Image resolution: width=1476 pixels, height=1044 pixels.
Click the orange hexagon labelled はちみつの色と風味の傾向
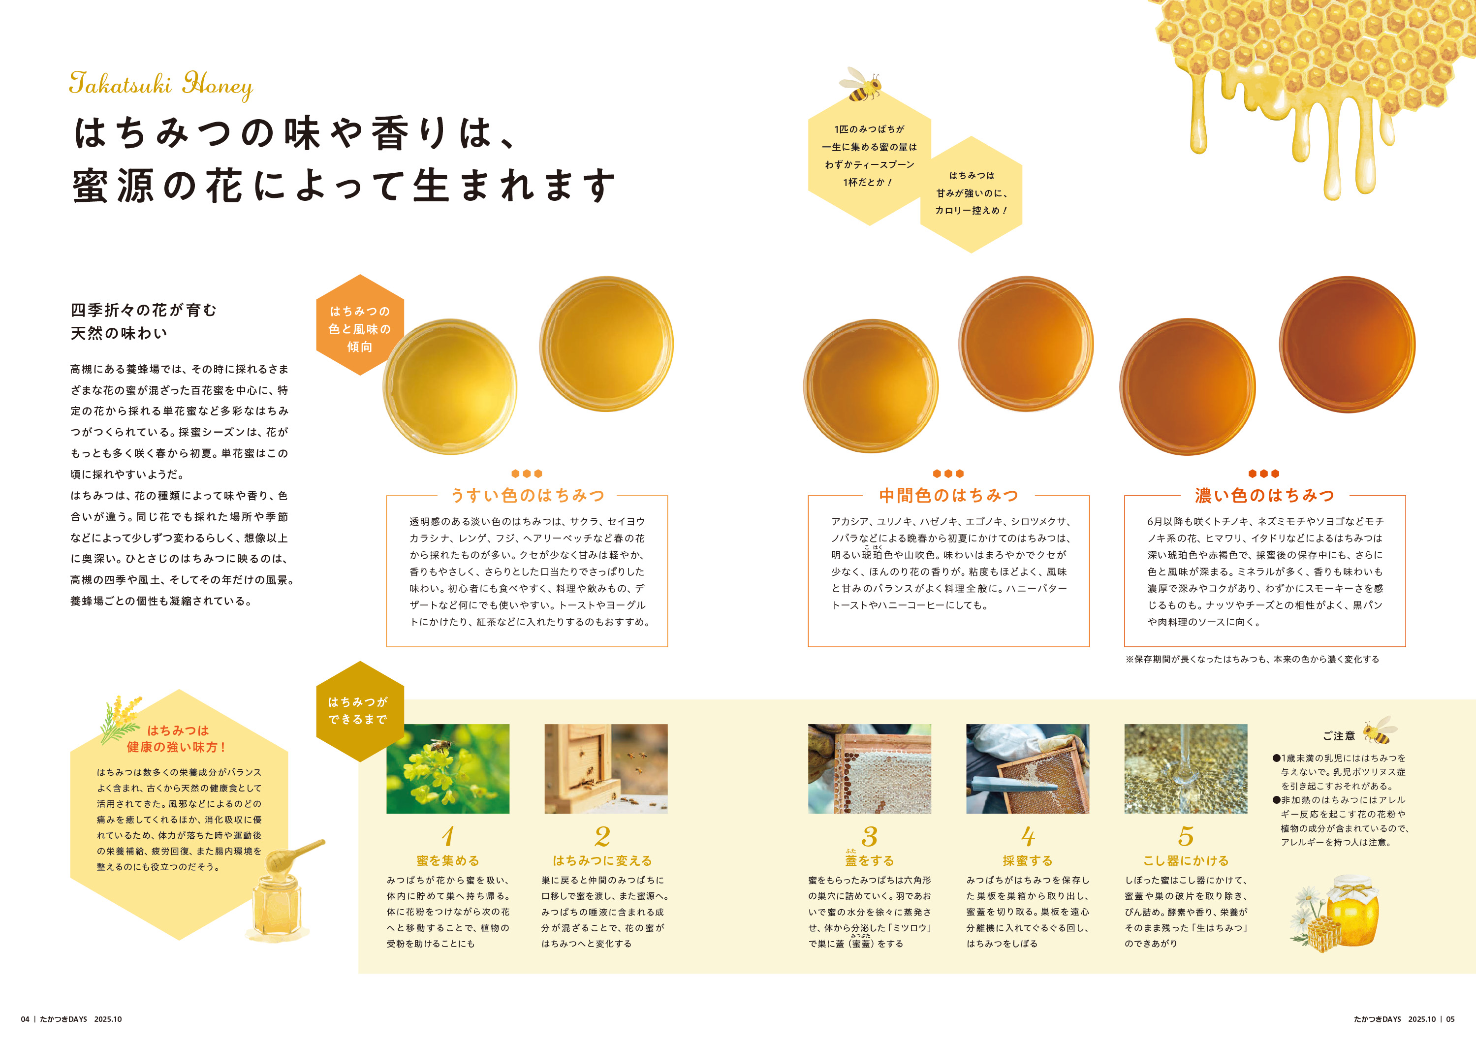tap(359, 328)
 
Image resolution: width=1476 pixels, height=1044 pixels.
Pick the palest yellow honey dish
tap(449, 387)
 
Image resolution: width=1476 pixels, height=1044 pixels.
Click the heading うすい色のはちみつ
tap(527, 496)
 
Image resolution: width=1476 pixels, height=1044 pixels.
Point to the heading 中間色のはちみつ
tap(948, 496)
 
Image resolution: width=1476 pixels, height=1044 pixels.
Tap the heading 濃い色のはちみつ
tap(1264, 496)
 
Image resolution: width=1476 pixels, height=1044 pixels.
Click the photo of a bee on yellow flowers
tap(447, 769)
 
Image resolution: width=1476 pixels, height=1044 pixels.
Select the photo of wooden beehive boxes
tap(605, 769)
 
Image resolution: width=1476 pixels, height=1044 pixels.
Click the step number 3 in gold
tap(869, 836)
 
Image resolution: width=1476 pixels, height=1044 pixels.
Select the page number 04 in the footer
tap(25, 1019)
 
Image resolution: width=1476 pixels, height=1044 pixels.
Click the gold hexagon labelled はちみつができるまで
tap(359, 710)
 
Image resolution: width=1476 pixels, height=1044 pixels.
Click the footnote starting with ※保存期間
tap(1252, 660)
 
